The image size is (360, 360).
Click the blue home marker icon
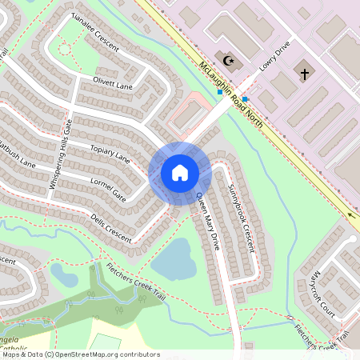(179, 172)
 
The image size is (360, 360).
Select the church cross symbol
(304, 74)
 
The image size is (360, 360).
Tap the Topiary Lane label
(110, 153)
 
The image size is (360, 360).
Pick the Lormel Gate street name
(107, 189)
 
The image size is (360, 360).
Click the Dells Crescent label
(110, 227)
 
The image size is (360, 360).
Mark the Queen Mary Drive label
(206, 221)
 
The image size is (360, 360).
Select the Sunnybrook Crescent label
(239, 218)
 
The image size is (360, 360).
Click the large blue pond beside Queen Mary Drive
(173, 258)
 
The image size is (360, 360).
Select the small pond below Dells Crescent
(64, 275)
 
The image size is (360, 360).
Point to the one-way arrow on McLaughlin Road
(354, 216)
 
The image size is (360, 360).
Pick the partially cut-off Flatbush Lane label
(18, 157)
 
